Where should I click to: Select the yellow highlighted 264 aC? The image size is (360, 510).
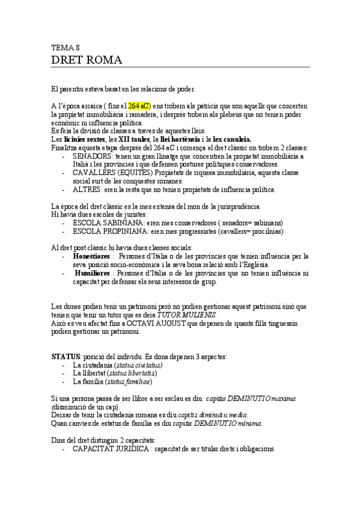(139, 105)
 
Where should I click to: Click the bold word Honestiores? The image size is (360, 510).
(92, 256)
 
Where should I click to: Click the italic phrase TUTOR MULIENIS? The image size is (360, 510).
(186, 315)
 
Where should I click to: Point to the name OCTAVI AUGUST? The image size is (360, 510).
(135, 324)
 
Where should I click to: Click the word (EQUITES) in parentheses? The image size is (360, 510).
(136, 173)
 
